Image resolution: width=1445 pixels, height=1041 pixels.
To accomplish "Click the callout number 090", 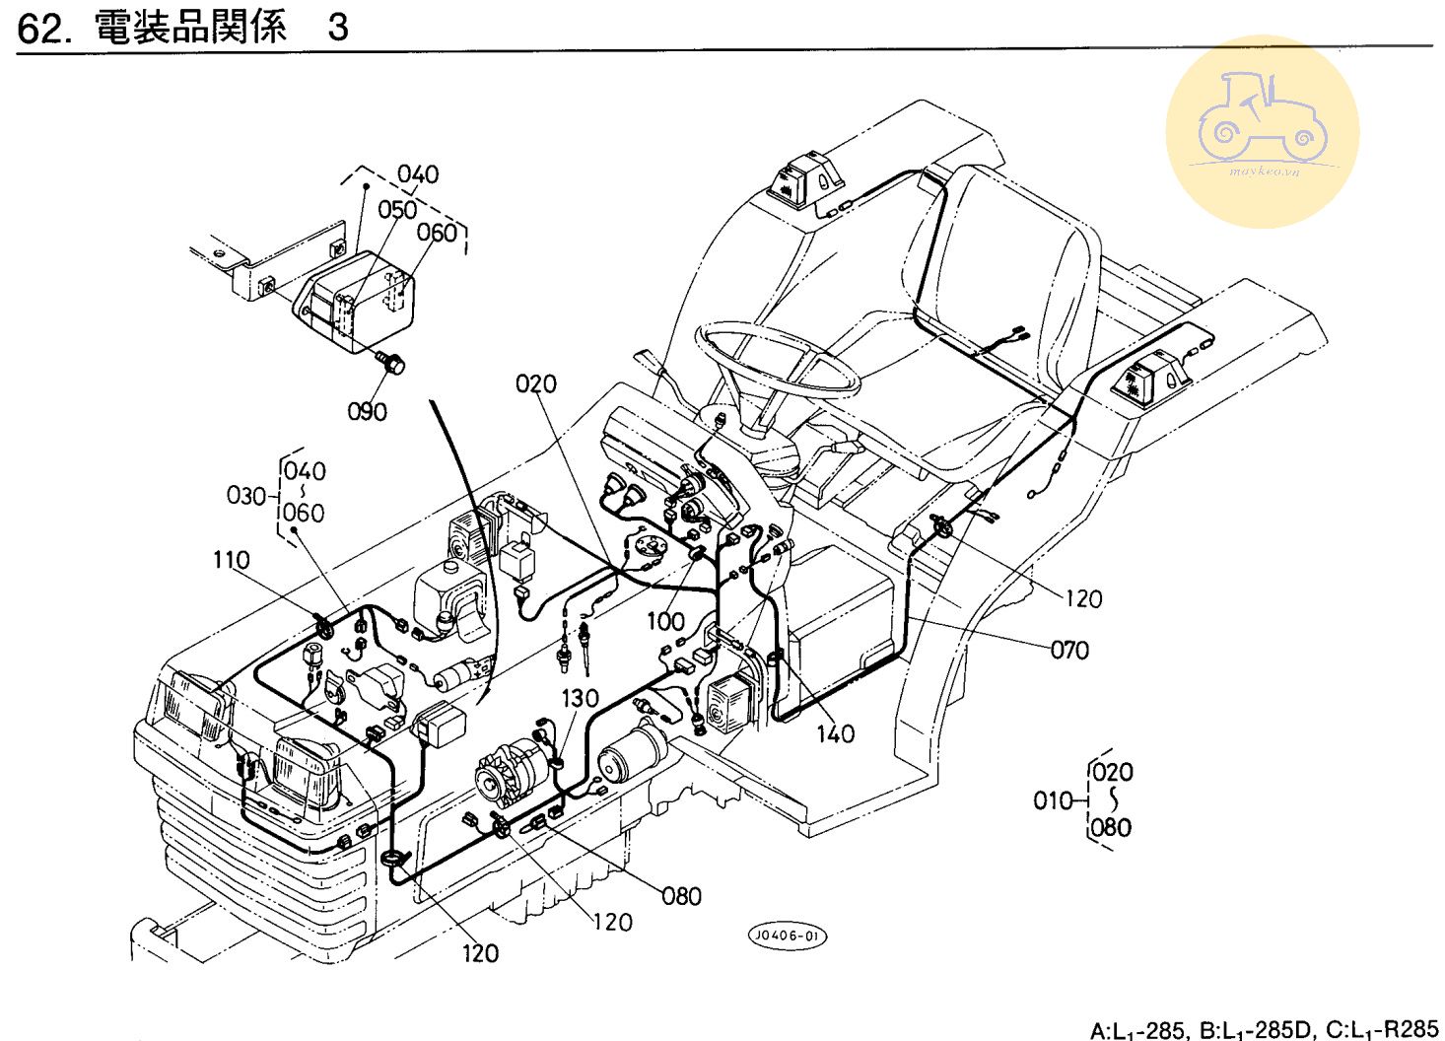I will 367,411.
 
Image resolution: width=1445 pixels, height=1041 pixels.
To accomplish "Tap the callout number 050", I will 397,210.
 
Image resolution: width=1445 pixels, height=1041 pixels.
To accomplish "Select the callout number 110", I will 232,560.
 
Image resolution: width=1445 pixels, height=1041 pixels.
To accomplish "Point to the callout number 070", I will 1069,650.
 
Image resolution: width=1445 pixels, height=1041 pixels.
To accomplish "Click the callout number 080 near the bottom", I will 681,896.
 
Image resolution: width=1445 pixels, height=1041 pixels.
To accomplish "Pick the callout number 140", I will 835,733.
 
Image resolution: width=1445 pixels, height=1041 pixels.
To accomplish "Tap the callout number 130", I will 580,698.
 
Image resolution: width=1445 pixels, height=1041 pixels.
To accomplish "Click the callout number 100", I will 665,621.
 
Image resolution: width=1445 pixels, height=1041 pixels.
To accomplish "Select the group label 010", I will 1053,800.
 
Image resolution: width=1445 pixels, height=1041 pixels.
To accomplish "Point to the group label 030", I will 246,495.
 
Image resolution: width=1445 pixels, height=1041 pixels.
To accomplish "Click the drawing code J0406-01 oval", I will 787,936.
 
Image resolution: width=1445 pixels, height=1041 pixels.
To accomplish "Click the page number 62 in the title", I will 40,28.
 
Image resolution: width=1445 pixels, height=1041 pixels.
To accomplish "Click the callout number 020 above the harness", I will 536,383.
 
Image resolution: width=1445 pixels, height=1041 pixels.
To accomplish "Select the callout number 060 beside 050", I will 437,233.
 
